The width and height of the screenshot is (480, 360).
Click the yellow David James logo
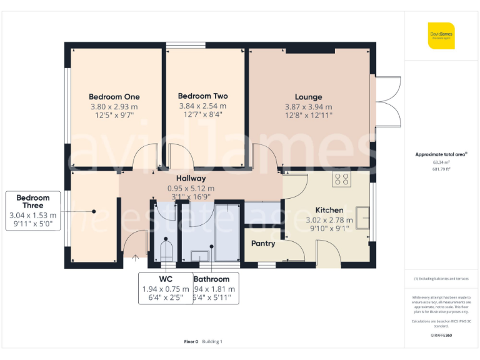point(441,35)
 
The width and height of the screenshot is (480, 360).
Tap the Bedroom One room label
point(114,97)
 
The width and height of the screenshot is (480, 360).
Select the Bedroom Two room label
point(202,96)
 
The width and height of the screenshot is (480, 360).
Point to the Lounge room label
point(308,97)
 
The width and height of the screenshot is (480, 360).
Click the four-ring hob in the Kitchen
point(342,180)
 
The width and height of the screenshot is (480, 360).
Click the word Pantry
point(263,243)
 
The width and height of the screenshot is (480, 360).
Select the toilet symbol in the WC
point(166,251)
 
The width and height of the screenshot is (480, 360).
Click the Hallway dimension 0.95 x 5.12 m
point(191,188)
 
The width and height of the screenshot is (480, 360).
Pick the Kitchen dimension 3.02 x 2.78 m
point(329,220)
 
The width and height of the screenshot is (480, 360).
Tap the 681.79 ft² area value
point(441,169)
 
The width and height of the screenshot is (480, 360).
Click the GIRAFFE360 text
point(441,336)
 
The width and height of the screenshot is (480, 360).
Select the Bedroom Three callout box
point(33,211)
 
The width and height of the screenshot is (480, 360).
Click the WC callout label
point(165,279)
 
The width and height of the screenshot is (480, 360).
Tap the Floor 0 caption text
point(191,341)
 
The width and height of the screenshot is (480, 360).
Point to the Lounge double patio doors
point(387,102)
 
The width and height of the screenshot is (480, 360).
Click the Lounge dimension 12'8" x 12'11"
point(308,115)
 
